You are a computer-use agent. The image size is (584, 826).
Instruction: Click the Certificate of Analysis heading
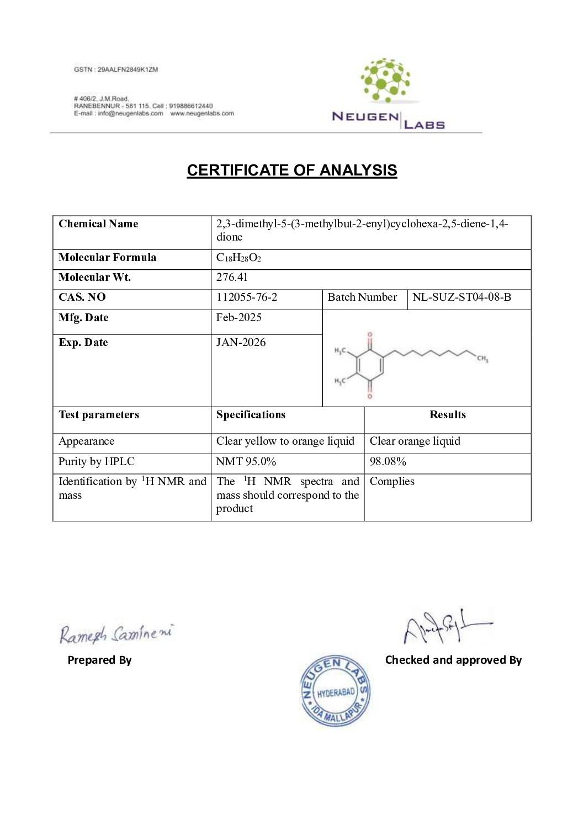pos(291,170)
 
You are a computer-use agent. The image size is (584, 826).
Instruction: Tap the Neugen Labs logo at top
pos(387,94)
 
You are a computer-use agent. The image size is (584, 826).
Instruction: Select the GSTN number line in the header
pos(116,70)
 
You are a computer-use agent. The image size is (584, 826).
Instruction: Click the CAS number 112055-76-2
pos(247,297)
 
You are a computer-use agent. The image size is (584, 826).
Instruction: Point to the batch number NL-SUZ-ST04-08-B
pos(461,297)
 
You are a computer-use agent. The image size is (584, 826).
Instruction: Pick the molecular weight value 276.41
pos(232,278)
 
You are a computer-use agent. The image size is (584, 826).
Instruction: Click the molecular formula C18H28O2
pos(238,258)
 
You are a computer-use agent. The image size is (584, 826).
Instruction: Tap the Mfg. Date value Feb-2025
pos(239,318)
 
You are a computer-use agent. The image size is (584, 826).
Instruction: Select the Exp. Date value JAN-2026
pos(241,343)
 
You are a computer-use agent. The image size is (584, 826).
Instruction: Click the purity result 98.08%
pos(388,462)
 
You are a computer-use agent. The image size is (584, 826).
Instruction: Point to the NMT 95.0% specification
pos(246,462)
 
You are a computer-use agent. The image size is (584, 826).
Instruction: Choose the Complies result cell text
pos(392,482)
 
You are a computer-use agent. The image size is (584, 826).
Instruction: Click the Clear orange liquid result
pos(415,441)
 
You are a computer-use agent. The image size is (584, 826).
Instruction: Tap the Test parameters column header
pos(99,415)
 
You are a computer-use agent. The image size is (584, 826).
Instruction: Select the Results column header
pos(448,415)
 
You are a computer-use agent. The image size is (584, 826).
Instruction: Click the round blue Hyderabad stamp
pos(336,691)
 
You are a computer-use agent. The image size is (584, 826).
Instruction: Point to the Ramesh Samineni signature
pos(116,633)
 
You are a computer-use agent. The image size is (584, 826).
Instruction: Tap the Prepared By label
pos(99,660)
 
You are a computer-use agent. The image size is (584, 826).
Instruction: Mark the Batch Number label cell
pos(362,297)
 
